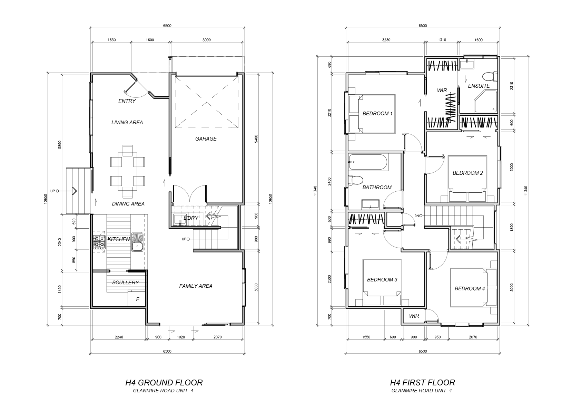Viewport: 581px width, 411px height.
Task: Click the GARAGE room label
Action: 206,139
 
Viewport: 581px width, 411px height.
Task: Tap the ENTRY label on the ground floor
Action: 127,101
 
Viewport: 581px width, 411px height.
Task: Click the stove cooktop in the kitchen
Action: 99,242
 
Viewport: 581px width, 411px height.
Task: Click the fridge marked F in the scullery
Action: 137,299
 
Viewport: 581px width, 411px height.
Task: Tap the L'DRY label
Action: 191,218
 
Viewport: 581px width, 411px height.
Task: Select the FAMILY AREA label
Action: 196,286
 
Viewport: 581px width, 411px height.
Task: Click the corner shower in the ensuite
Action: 485,102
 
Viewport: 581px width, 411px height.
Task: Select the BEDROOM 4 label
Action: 470,289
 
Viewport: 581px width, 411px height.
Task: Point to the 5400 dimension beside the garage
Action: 256,139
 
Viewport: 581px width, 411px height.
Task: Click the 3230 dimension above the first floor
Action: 386,40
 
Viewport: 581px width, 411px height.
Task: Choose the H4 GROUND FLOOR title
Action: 164,383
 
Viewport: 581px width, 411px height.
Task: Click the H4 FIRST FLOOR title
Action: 423,383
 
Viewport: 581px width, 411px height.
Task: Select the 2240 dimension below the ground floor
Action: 119,337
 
